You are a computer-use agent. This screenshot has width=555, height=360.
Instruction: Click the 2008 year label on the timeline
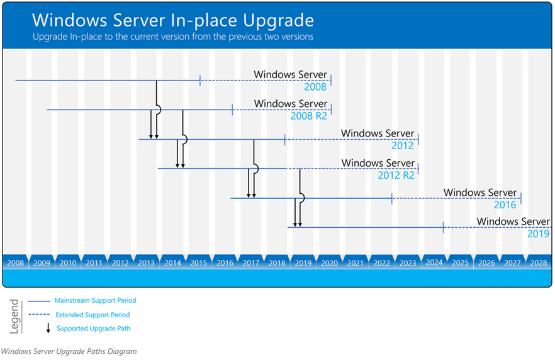point(16,263)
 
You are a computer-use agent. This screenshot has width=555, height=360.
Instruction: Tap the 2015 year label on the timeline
point(199,263)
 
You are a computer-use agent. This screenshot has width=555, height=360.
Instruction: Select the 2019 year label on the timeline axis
point(303,263)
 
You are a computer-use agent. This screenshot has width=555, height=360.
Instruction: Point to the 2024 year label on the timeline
point(434,262)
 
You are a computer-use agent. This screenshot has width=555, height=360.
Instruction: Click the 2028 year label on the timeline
point(539,263)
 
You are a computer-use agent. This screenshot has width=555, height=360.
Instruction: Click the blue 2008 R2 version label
point(308,116)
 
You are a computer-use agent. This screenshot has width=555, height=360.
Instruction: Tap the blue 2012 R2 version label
point(396,175)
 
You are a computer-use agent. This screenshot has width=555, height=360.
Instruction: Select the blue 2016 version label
point(505,205)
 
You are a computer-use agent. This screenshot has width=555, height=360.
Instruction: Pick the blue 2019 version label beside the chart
point(539,233)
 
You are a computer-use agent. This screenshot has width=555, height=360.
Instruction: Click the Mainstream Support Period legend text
point(95,301)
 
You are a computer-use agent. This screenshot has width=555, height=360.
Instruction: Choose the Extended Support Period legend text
point(92,315)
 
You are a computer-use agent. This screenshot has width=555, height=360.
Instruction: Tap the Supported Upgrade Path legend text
point(93,329)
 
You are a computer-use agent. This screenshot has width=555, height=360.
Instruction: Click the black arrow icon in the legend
point(48,328)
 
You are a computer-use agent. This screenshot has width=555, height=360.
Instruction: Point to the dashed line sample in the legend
point(39,314)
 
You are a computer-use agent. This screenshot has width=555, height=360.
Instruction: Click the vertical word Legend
point(14,317)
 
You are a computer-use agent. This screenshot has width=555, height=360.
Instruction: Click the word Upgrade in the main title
point(279,21)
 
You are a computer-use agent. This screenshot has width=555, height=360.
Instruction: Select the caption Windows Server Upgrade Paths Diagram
point(69,352)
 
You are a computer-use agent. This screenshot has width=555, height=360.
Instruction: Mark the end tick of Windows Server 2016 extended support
point(521,198)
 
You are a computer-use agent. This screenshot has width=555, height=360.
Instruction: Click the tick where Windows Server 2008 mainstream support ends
point(200,81)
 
